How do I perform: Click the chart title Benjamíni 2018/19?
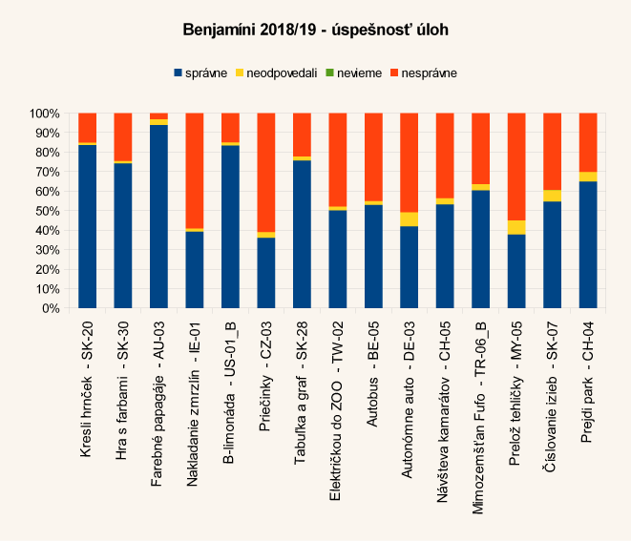coord(315,31)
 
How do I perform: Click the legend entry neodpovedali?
coord(284,73)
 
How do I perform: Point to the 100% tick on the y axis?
coord(45,113)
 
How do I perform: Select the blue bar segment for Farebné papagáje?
coord(158,217)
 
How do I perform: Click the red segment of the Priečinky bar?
coord(266,172)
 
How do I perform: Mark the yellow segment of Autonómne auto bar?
coord(410,219)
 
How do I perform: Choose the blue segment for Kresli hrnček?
coord(87,226)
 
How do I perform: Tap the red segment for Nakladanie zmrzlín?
coord(195,170)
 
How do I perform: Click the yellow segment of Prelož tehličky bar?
coord(516,227)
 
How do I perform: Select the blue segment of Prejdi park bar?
coord(588,244)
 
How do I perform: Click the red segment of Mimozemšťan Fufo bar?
coord(481,148)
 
